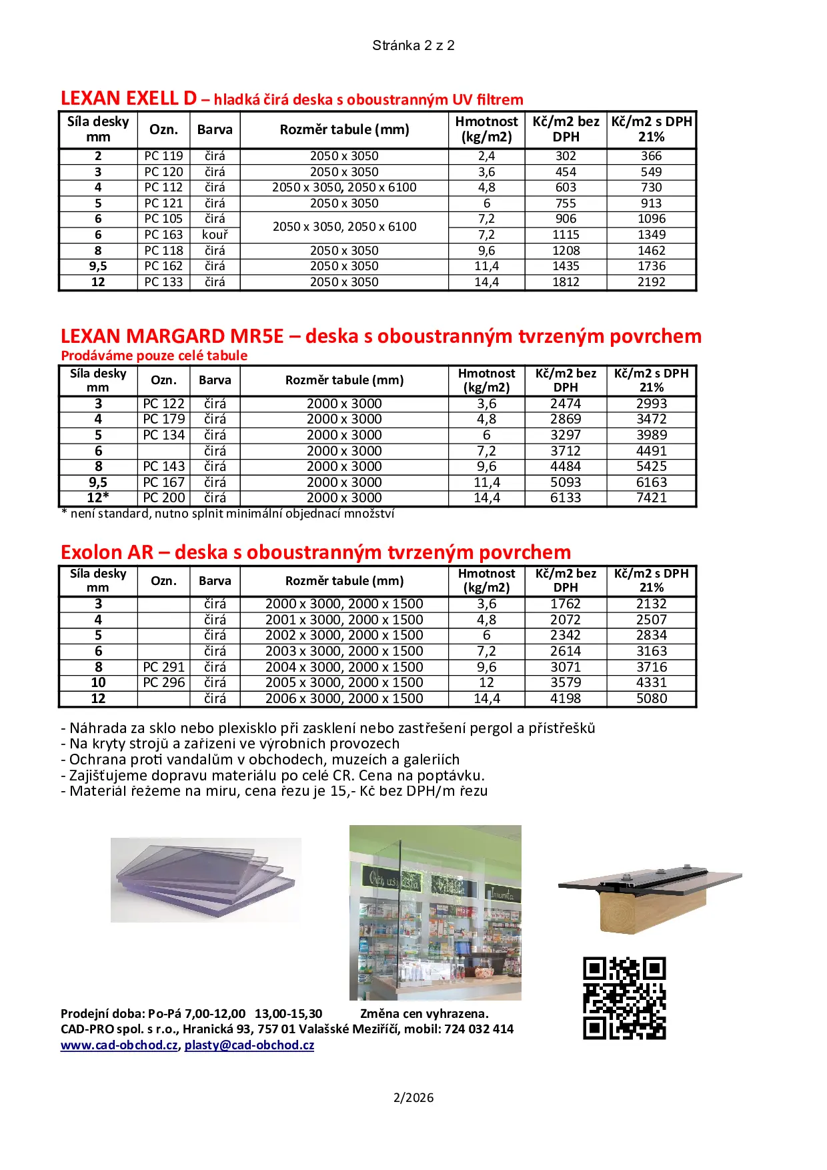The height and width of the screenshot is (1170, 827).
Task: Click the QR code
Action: (624, 998)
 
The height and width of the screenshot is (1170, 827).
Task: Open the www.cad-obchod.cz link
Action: (119, 1045)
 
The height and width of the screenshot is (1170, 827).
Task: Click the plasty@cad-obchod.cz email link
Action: (249, 1045)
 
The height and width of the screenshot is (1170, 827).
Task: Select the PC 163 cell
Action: (163, 235)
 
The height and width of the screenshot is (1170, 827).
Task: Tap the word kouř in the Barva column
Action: (215, 235)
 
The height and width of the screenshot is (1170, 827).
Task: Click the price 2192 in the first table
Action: (651, 282)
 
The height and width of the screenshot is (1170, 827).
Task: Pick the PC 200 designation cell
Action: (163, 498)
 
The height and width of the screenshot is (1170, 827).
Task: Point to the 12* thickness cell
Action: (98, 498)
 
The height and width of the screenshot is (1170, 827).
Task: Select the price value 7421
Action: (651, 498)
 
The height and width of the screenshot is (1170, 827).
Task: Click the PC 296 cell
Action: (163, 682)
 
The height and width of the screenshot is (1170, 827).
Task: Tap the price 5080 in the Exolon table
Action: (651, 698)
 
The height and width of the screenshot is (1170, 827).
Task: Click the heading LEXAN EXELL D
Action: (129, 99)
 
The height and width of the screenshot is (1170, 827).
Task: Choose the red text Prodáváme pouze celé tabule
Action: (154, 356)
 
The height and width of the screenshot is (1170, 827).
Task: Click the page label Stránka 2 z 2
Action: (414, 45)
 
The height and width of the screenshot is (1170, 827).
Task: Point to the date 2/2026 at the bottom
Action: (414, 1097)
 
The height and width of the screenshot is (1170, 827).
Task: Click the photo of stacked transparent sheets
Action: (205, 880)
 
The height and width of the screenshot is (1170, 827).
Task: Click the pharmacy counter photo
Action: (435, 913)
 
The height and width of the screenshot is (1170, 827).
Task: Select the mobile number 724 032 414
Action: (479, 1029)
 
